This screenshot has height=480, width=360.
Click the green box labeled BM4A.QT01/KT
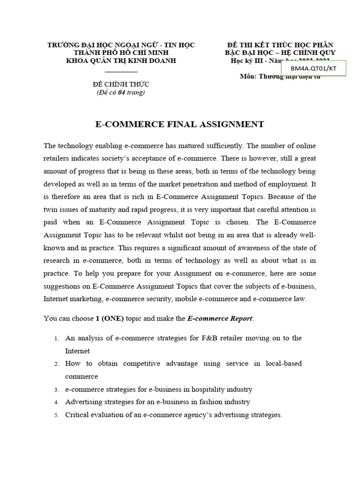tap(314, 68)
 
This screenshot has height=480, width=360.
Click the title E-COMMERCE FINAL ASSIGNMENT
tap(180, 124)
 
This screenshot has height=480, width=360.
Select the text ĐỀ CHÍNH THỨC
tap(121, 84)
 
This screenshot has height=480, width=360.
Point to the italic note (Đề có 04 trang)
tap(121, 92)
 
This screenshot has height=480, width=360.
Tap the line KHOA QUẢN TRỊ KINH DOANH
tap(121, 60)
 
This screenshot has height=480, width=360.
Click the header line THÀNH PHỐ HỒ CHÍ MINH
tap(121, 52)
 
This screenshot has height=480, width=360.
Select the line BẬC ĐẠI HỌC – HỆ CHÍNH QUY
tap(280, 52)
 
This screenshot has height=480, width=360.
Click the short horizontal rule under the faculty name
tap(121, 72)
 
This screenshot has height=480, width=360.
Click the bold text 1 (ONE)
tap(110, 318)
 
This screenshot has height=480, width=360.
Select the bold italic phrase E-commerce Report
tap(219, 318)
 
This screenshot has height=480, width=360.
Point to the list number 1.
tap(56, 338)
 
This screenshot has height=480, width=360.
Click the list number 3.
tap(56, 390)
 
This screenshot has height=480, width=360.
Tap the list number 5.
tap(56, 415)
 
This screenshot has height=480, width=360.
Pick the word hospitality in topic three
tap(203, 389)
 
